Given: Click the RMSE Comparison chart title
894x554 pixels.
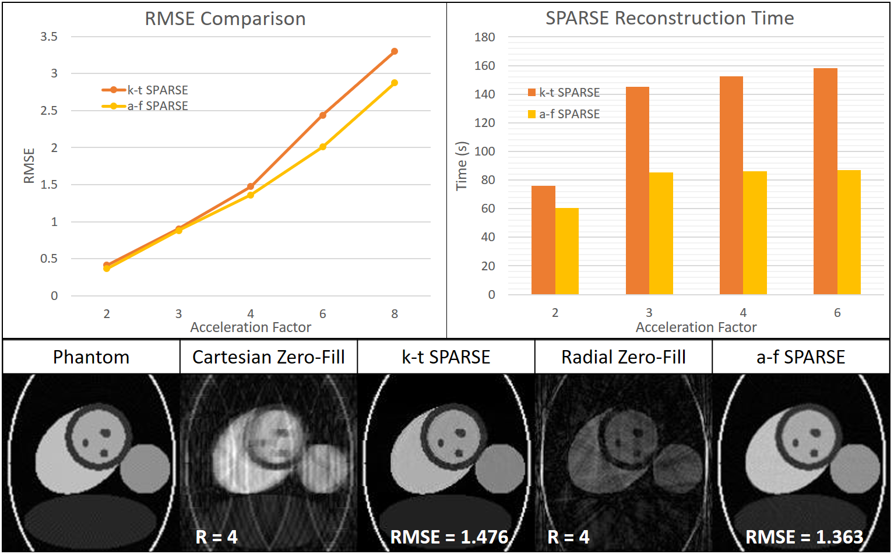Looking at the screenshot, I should pos(225,19).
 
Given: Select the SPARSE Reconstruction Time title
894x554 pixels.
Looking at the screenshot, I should pos(669,18).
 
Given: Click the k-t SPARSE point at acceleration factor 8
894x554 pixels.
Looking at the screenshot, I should pos(395,51).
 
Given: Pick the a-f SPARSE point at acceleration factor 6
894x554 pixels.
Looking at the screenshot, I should pos(323,147).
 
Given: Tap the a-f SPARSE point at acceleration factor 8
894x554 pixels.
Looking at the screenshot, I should pos(395,83).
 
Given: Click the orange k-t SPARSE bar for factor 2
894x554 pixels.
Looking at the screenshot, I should pos(543,240).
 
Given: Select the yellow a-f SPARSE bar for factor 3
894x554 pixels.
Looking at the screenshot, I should pos(661,233).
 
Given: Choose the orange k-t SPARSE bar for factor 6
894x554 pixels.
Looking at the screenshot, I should pos(825,181).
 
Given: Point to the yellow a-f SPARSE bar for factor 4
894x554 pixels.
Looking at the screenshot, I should pos(755,232).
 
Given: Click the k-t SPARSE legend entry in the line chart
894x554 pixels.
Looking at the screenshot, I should pos(146,90).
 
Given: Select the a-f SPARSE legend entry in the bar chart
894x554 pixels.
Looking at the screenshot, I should pos(564,114).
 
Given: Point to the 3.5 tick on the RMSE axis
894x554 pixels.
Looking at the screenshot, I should pos(49,37).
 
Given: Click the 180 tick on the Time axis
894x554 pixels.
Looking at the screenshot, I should pos(484,37).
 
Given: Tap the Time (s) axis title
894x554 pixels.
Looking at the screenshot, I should pos(462,165).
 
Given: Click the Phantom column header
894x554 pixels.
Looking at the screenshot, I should pos(91,357).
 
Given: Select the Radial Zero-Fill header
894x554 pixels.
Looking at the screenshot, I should pos(623,357).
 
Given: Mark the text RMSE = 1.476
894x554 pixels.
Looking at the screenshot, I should pos(449,537).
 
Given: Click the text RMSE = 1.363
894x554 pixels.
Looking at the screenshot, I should pos(804,537).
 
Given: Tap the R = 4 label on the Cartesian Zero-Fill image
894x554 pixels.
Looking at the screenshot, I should pos(217,537).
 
